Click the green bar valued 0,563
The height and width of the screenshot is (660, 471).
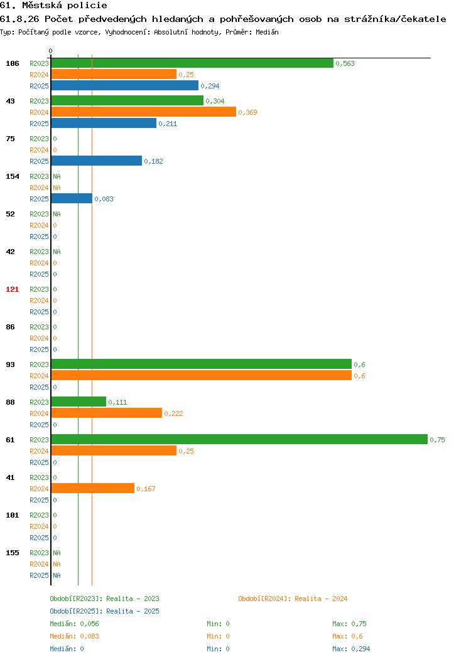pyautogui.click(x=192, y=63)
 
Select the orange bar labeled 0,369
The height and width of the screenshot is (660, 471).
pyautogui.click(x=144, y=112)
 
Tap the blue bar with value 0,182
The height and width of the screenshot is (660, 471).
pyautogui.click(x=97, y=161)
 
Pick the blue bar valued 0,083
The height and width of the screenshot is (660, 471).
pyautogui.click(x=72, y=199)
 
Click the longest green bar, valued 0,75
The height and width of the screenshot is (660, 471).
pyautogui.click(x=239, y=439)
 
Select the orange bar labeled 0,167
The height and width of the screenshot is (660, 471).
pyautogui.click(x=93, y=488)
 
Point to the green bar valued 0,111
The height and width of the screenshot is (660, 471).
pyautogui.click(x=78, y=402)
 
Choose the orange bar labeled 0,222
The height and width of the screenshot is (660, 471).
pyautogui.click(x=107, y=413)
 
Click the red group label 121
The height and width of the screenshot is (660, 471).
pyautogui.click(x=12, y=289)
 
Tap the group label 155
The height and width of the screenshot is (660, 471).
pyautogui.click(x=12, y=553)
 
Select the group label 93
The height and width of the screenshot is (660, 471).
pyautogui.click(x=10, y=365)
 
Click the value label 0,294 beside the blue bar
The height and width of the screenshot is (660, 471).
pyautogui.click(x=210, y=86)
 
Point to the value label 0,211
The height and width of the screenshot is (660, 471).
pyautogui.click(x=168, y=124)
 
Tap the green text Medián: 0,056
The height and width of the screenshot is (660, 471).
pyautogui.click(x=74, y=624)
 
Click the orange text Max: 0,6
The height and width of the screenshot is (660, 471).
pyautogui.click(x=347, y=636)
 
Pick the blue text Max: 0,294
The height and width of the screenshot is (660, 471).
pyautogui.click(x=351, y=649)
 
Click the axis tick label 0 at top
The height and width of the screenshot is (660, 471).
pyautogui.click(x=51, y=51)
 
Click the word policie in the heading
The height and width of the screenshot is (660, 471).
pyautogui.click(x=87, y=6)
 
